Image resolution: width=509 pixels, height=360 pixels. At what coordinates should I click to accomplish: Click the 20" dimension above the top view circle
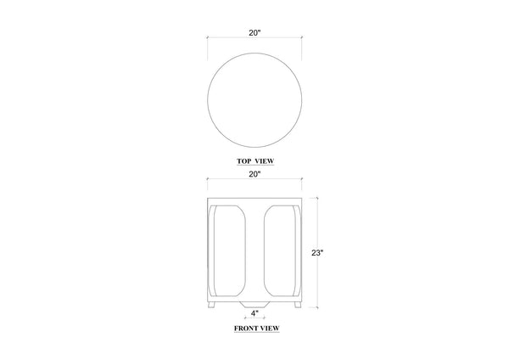click(x=255, y=33)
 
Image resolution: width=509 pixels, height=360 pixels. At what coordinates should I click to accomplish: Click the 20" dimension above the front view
click(x=255, y=174)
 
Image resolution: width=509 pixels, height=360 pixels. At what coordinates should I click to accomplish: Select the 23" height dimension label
click(x=317, y=253)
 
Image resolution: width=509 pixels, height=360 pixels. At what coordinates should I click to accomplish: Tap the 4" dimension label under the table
click(x=255, y=313)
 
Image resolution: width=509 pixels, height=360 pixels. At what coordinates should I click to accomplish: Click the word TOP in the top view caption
click(x=243, y=161)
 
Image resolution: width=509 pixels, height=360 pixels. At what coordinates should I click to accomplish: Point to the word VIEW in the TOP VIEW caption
click(x=264, y=161)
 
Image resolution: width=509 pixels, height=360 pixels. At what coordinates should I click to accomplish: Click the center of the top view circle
click(x=255, y=100)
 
